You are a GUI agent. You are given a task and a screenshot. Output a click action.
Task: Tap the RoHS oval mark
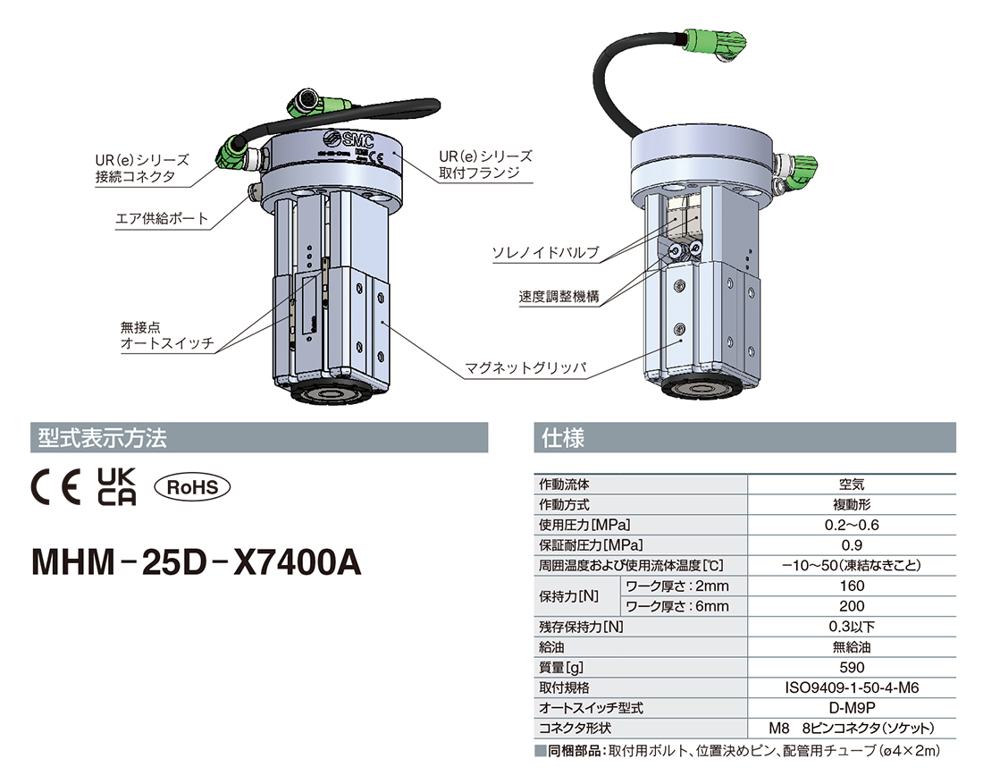click(192, 487)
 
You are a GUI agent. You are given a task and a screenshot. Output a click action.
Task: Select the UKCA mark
click(115, 487)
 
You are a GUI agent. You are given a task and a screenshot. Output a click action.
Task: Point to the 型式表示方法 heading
click(99, 438)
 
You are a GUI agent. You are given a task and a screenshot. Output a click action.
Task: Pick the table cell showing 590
click(852, 667)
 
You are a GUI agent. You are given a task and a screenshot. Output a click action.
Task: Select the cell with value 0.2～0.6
click(852, 525)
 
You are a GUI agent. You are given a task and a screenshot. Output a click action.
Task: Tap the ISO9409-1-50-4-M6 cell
click(852, 687)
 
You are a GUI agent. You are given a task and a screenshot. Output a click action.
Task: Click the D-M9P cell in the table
click(852, 707)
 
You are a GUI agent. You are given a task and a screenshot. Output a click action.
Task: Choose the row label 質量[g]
click(565, 667)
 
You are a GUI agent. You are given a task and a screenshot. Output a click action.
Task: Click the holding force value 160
click(852, 586)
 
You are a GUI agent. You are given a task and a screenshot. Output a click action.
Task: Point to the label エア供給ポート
click(163, 218)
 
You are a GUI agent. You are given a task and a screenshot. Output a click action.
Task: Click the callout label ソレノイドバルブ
click(545, 253)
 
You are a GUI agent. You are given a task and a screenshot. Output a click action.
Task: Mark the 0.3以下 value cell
click(852, 627)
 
